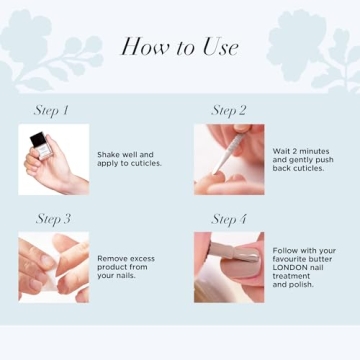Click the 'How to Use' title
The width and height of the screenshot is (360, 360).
179,47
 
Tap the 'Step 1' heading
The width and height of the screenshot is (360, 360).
53,111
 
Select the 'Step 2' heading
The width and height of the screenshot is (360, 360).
229,111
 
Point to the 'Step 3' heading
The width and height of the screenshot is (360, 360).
53,219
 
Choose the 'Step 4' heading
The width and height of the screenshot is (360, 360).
229,219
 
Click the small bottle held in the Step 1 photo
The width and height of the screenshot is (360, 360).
40,149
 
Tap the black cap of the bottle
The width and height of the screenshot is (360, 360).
37,138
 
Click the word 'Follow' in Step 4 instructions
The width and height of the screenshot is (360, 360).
285,250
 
